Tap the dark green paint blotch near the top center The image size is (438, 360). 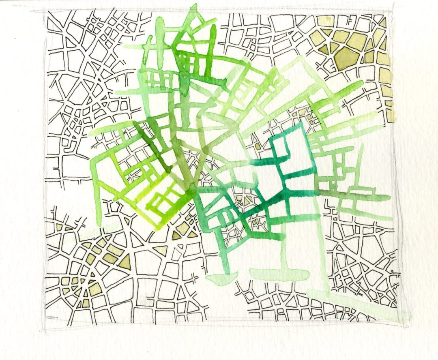185,81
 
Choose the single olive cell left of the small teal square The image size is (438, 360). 257,145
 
